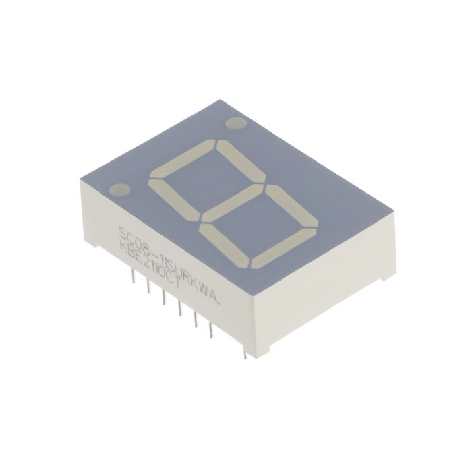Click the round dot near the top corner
click(236, 124)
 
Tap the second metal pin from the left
click(146, 287)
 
